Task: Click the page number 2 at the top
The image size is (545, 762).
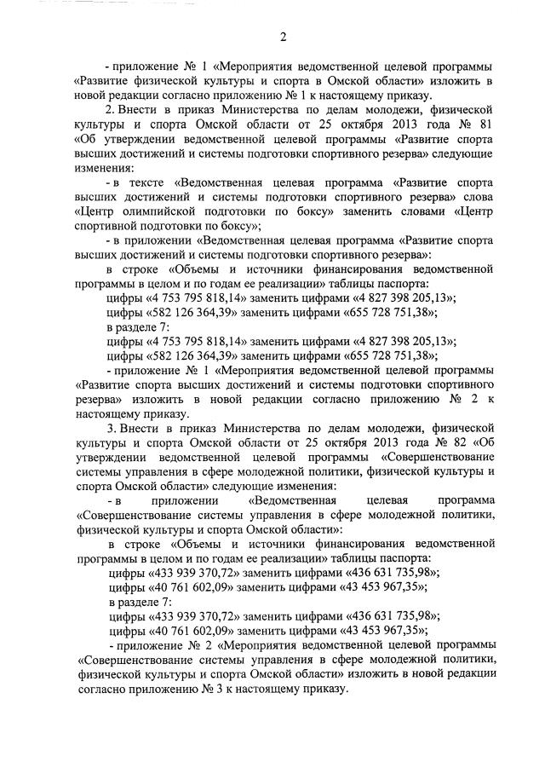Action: (x=282, y=35)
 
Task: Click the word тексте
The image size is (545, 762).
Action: (x=147, y=182)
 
